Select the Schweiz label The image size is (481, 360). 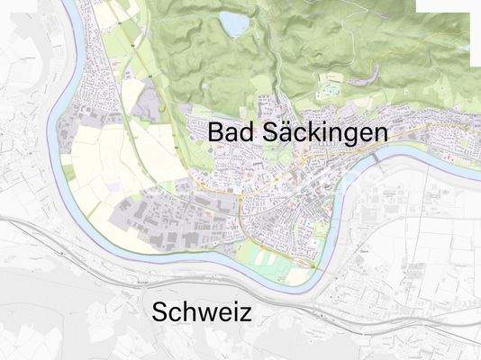coord(202,313)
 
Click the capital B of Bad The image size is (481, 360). coord(215,131)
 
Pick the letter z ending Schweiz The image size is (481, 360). coord(246,314)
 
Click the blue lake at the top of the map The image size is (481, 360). coord(235,24)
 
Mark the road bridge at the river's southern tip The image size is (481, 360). coord(312,267)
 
